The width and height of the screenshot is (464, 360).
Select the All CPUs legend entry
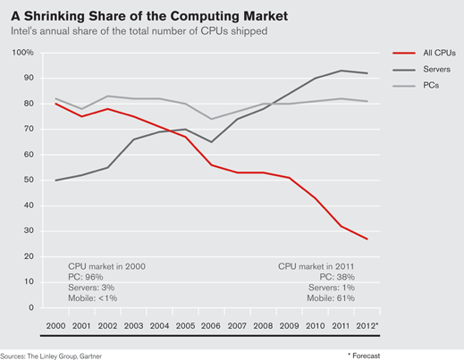pos(424,53)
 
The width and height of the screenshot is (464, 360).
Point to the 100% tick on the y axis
pos(22,53)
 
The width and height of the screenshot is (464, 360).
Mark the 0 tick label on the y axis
pos(31,307)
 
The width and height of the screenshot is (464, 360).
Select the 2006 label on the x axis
pos(211,326)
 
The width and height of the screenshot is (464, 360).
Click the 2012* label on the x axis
pos(367,325)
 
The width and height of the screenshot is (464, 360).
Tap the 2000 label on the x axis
pos(55,326)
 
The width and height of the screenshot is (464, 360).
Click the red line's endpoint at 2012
pos(367,239)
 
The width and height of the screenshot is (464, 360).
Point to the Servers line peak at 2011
pos(341,71)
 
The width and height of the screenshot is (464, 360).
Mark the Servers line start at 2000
pos(55,180)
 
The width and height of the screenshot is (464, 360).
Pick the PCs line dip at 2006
pos(211,119)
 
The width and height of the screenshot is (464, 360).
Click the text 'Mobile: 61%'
pos(331,298)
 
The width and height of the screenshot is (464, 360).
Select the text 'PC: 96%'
pos(86,277)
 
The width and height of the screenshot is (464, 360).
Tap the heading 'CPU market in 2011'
pos(316,266)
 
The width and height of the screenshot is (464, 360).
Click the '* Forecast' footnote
pos(364,356)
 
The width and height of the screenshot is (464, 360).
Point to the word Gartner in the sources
pos(90,356)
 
